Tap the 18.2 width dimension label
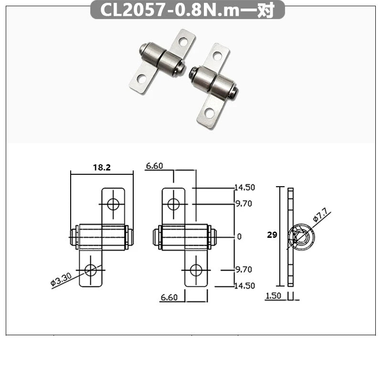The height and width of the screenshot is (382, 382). tap(101, 167)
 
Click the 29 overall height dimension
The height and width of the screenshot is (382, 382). tap(272, 235)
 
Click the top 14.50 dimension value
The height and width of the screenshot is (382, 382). tap(244, 188)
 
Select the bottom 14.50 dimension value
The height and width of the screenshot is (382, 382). tap(244, 286)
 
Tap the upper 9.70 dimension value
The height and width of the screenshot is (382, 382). tap(244, 204)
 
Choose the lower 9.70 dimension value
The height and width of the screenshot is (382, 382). tap(244, 270)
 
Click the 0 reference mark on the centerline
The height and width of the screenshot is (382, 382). tap(240, 236)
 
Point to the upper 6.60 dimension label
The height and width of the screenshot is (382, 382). tap(155, 166)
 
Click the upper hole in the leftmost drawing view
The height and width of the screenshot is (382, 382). tap(113, 204)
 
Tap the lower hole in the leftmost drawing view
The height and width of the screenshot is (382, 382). tap(90, 270)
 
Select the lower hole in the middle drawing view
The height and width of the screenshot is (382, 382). tap(195, 270)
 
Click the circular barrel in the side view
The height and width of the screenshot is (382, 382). tap(300, 236)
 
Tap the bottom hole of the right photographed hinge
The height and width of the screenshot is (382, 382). tap(209, 113)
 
